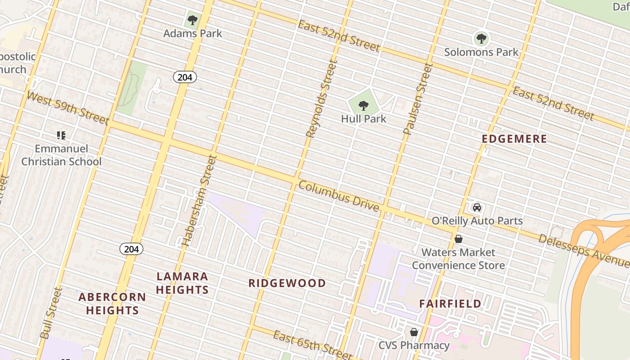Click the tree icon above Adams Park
pyautogui.click(x=192, y=20)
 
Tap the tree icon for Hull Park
pyautogui.click(x=364, y=106)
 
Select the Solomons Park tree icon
pyautogui.click(x=481, y=39)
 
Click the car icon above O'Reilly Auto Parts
pyautogui.click(x=477, y=207)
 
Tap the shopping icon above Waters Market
pyautogui.click(x=459, y=239)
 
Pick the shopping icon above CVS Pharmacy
pyautogui.click(x=414, y=332)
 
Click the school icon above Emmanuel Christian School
pyautogui.click(x=61, y=135)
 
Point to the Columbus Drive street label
pyautogui.click(x=338, y=196)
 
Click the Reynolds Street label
pyautogui.click(x=321, y=99)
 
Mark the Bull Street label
pyautogui.click(x=50, y=313)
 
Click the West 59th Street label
pyautogui.click(x=68, y=108)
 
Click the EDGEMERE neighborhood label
pyautogui.click(x=514, y=139)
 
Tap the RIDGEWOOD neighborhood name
pyautogui.click(x=287, y=283)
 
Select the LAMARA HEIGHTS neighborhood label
pyautogui.click(x=182, y=283)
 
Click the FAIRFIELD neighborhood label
pyautogui.click(x=450, y=304)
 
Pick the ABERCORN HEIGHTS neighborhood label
pyautogui.click(x=112, y=304)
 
